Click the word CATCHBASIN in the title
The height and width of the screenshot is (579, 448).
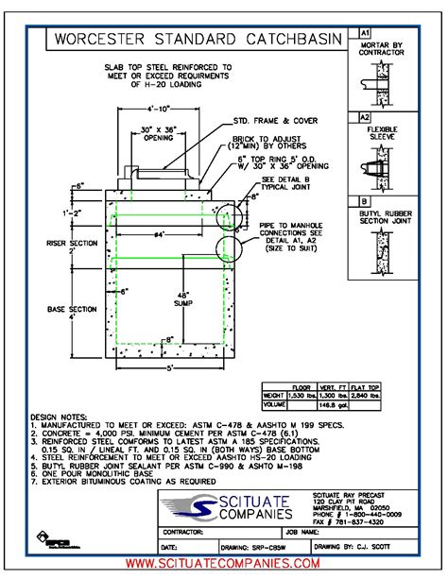[x=289, y=40]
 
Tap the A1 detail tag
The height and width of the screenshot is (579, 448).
[x=364, y=32]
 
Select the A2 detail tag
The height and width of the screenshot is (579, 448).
[x=364, y=117]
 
